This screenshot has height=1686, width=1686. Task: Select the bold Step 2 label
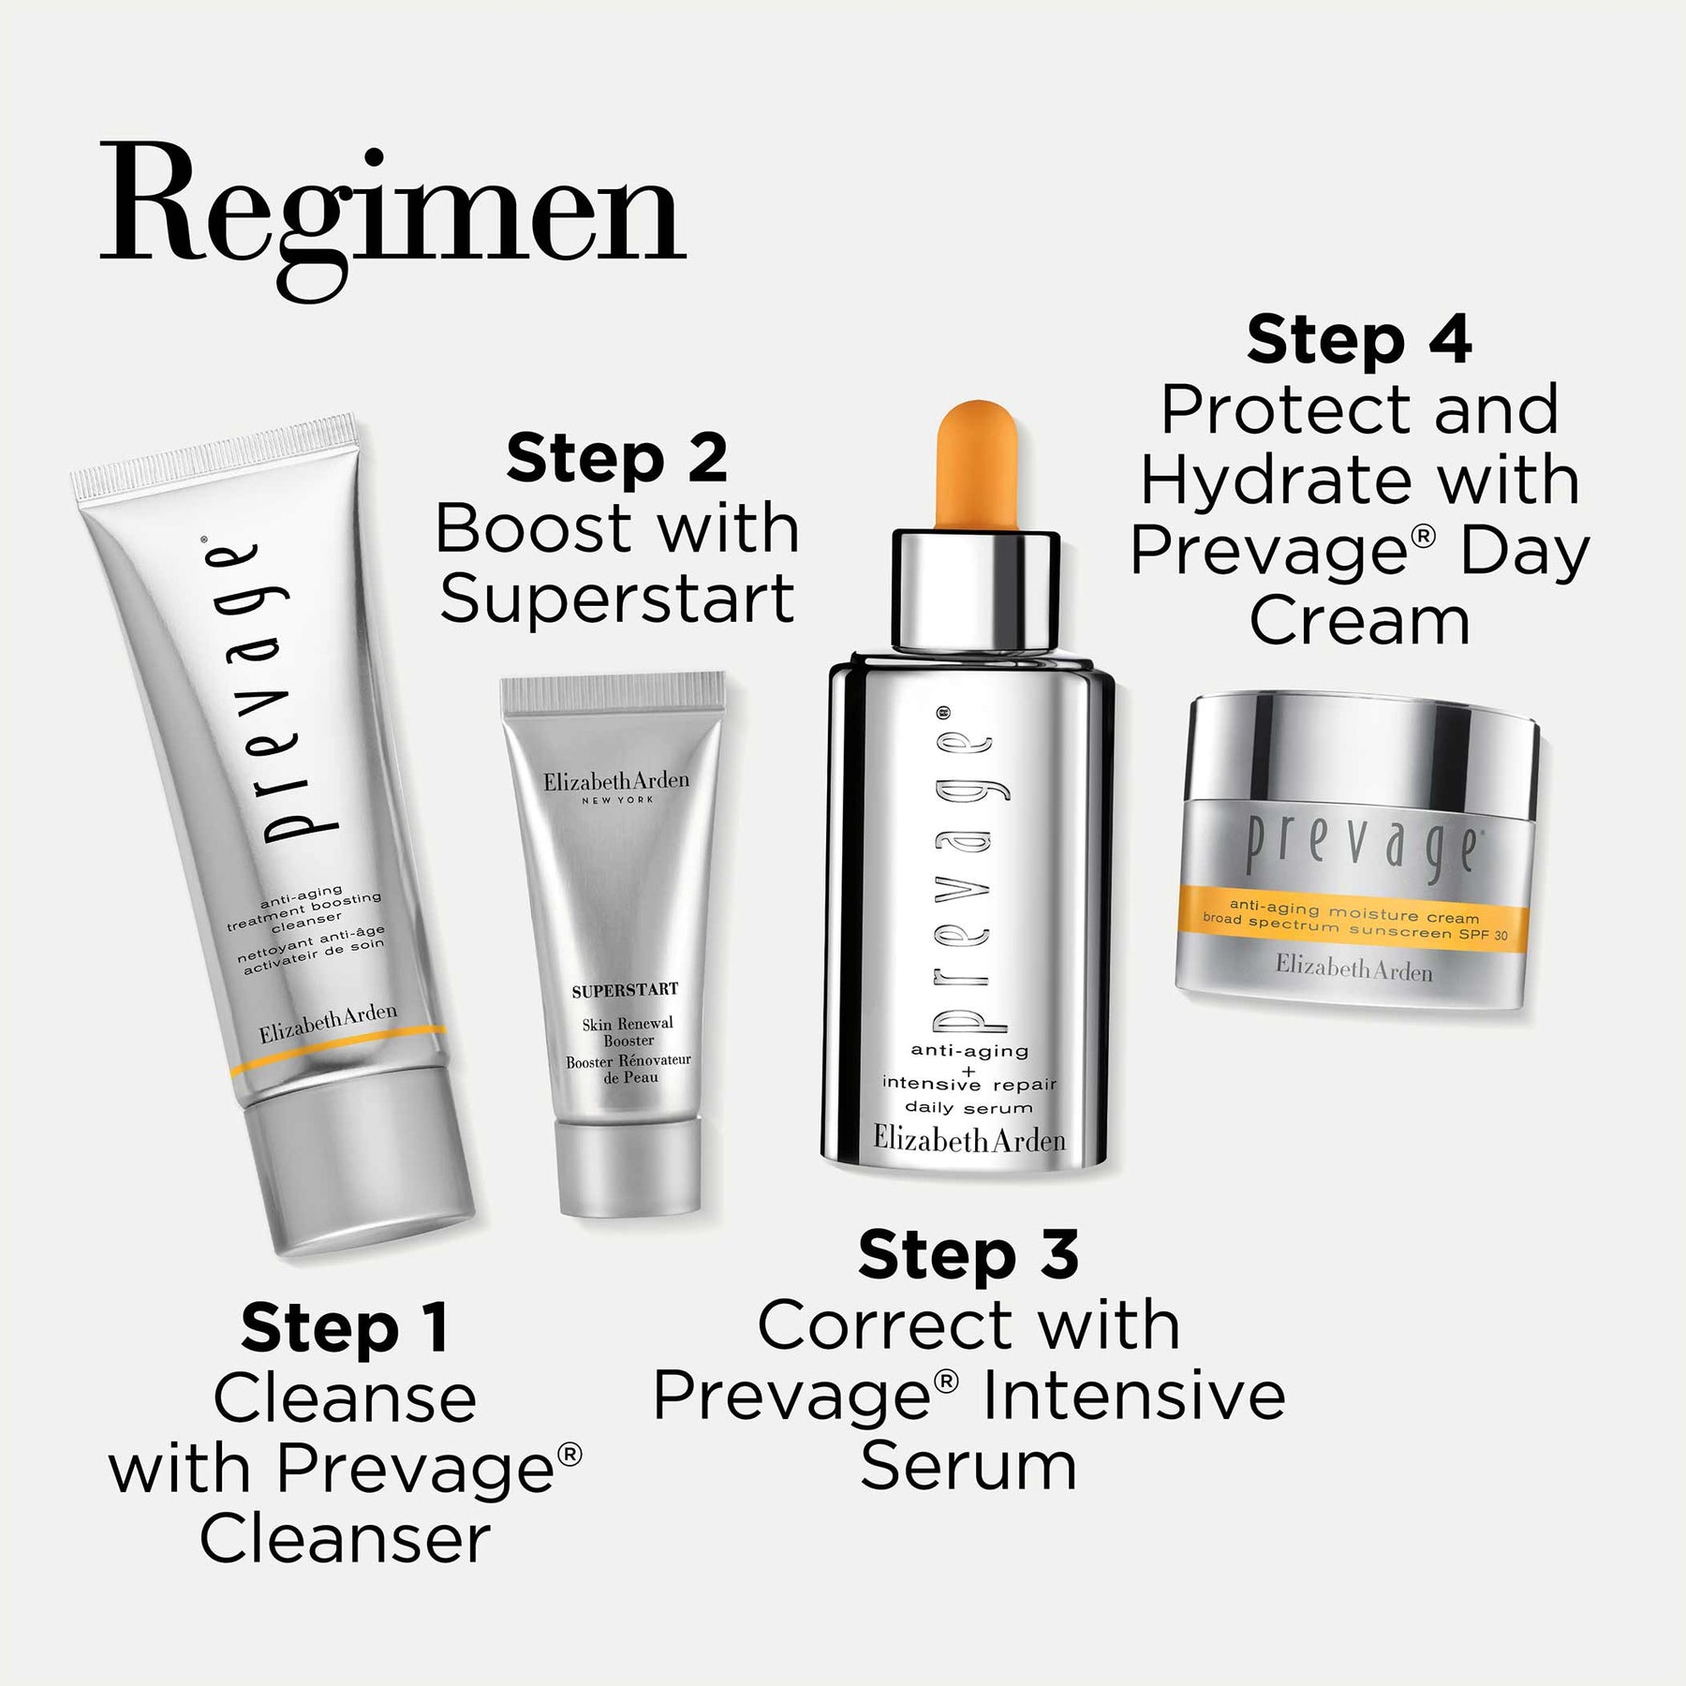click(617, 458)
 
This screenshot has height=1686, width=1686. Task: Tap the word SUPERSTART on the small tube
click(625, 989)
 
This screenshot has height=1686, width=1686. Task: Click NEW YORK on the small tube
click(617, 799)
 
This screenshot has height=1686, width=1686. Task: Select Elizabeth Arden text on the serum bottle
click(969, 1139)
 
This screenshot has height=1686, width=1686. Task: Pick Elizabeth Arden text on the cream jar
click(1354, 969)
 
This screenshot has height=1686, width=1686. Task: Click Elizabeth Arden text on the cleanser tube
click(328, 1024)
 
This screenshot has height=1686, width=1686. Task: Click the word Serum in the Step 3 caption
click(969, 1466)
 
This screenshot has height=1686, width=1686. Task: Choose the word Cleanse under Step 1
click(345, 1398)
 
